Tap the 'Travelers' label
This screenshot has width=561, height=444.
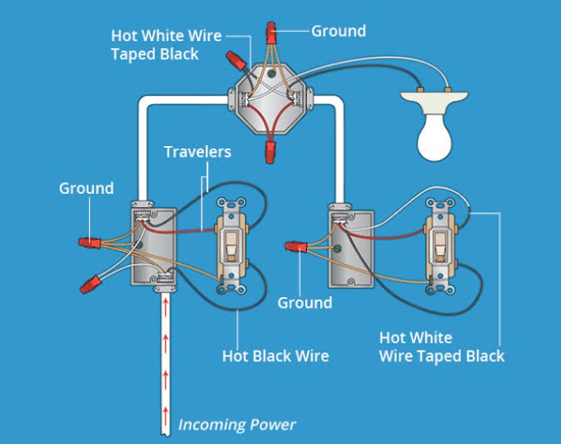point(197,152)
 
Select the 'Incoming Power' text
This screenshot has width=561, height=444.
point(237,425)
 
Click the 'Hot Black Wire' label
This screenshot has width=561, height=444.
point(276,356)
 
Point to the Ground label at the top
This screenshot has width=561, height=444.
point(338,31)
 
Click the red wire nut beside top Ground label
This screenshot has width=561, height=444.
point(271,32)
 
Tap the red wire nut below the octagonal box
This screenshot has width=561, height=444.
point(270,152)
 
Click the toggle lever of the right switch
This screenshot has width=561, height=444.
point(440,247)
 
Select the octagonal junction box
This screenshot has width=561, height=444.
point(271,99)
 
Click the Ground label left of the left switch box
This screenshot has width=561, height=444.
point(87,188)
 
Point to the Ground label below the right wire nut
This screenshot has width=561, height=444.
point(304,303)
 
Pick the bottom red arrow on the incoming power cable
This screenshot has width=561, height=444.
point(165,414)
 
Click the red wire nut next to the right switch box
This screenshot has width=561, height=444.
point(296,247)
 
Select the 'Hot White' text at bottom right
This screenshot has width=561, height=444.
point(416,338)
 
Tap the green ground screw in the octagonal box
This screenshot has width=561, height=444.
point(271,74)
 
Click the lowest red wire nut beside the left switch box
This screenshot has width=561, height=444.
point(91,284)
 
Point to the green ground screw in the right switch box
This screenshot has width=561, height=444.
point(337,248)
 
